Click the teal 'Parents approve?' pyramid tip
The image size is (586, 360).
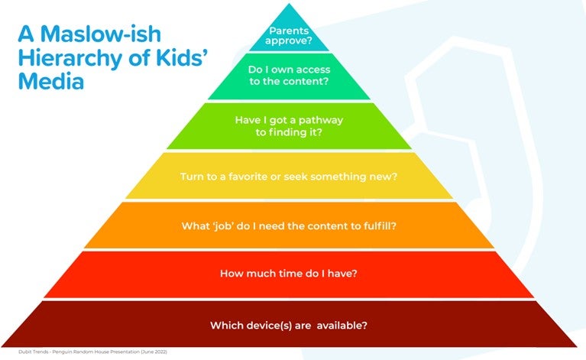click(x=289, y=34)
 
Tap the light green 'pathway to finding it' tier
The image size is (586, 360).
click(x=289, y=126)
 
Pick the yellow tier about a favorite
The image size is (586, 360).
click(x=289, y=176)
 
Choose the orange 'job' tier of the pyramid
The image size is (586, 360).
click(x=289, y=225)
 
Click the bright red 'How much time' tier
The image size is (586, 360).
click(x=289, y=274)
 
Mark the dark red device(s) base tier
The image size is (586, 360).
click(x=289, y=324)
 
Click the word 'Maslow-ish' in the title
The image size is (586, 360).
click(x=101, y=34)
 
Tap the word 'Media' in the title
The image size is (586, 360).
click(x=51, y=81)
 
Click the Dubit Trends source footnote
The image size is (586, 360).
click(x=92, y=352)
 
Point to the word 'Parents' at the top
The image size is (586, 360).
click(x=289, y=31)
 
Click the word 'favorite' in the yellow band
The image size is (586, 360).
click(x=248, y=177)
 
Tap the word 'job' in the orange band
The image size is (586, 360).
click(x=223, y=226)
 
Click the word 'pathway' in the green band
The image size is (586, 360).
click(x=321, y=120)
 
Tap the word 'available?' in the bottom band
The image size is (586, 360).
click(x=342, y=326)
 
